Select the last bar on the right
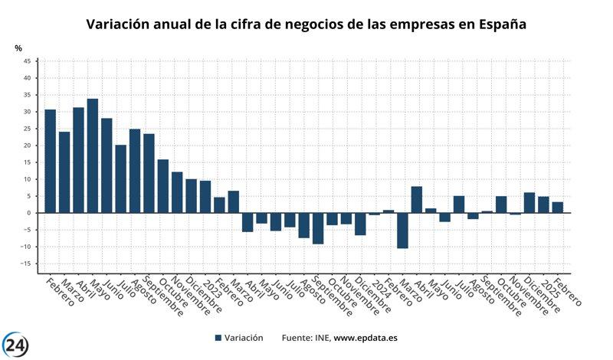[x=558, y=207]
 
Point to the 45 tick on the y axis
[x=27, y=61]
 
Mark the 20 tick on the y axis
[x=27, y=146]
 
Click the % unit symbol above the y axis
[x=18, y=48]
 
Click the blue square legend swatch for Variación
[x=218, y=338]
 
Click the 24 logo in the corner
[x=16, y=345]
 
